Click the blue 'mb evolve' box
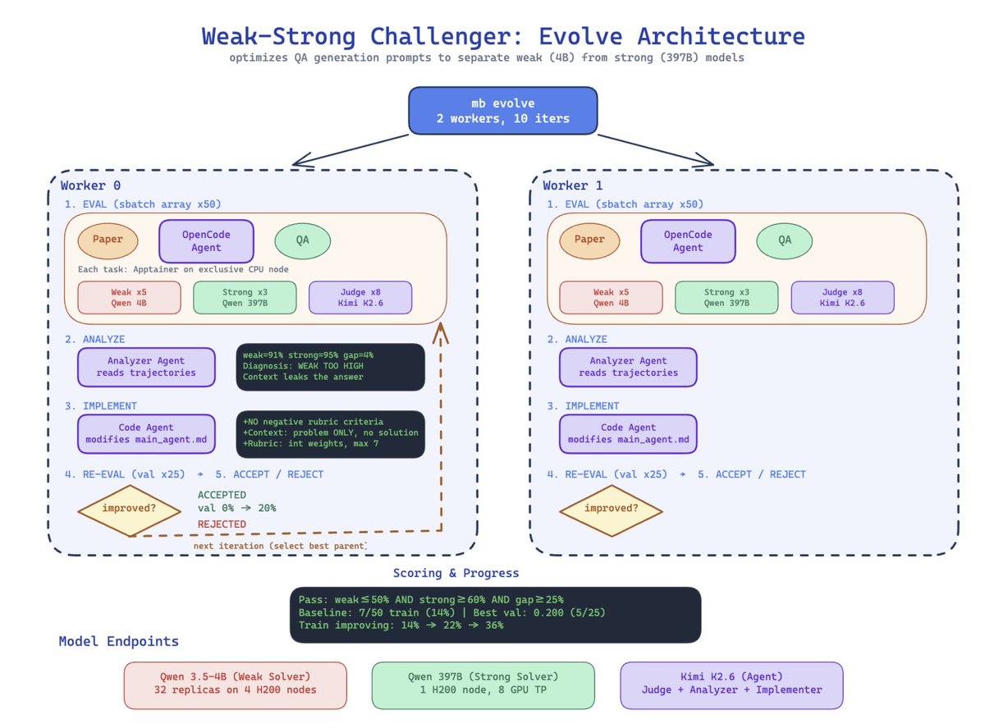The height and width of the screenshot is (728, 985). [502, 110]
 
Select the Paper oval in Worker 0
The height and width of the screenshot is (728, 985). [108, 240]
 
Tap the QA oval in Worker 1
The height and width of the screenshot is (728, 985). [783, 240]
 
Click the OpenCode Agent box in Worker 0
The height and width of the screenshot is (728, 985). [206, 240]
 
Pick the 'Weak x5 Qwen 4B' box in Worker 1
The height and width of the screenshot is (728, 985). [610, 297]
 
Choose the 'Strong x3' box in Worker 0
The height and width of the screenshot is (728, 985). [245, 297]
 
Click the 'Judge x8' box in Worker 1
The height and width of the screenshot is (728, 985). [841, 297]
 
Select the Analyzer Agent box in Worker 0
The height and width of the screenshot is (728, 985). [146, 367]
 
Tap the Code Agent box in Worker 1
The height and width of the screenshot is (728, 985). [627, 433]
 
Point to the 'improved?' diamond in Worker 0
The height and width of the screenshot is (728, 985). [129, 511]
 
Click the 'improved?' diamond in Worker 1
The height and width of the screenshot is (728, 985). [611, 511]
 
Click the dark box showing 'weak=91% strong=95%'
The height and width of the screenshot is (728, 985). [330, 367]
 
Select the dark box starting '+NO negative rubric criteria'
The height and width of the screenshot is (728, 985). [330, 433]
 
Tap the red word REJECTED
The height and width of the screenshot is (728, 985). [222, 524]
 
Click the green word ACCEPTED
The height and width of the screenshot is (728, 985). [222, 495]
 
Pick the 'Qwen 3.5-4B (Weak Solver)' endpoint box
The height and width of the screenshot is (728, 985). [235, 685]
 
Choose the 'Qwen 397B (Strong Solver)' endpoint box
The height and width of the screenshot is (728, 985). [483, 685]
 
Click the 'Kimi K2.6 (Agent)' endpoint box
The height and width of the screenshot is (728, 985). [731, 685]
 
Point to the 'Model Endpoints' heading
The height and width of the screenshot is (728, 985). [118, 641]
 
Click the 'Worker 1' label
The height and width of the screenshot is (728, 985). [572, 185]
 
